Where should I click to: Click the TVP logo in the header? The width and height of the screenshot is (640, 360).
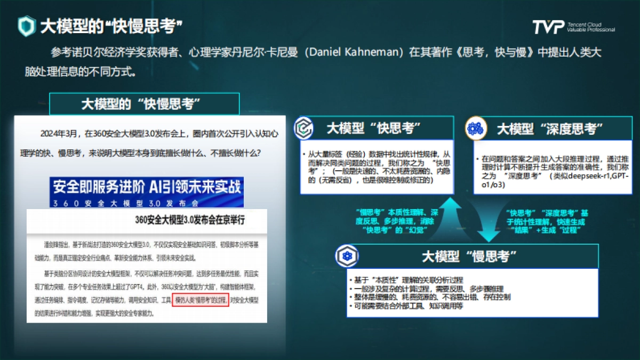click(548, 27)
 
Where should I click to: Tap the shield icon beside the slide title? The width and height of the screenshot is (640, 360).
click(27, 25)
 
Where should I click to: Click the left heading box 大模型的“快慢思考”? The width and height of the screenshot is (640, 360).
click(144, 103)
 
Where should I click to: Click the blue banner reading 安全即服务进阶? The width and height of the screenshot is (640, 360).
click(146, 187)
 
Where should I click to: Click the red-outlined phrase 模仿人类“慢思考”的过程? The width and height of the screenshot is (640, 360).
click(201, 301)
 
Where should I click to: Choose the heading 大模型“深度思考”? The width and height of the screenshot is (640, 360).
click(549, 129)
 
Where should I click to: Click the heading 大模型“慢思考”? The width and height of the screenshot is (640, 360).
click(469, 257)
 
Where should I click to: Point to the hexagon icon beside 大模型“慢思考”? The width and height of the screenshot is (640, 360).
click(347, 257)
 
